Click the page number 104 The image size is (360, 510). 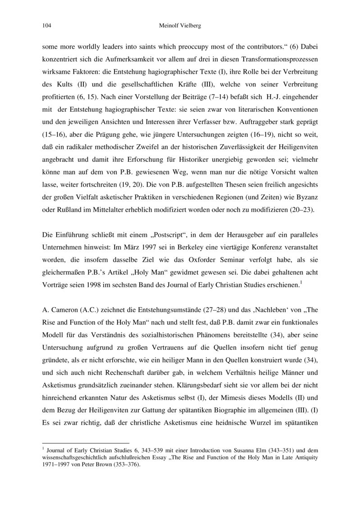click(46, 26)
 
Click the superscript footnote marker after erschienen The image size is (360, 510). click(301, 282)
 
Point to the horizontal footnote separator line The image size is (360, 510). click(85, 443)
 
